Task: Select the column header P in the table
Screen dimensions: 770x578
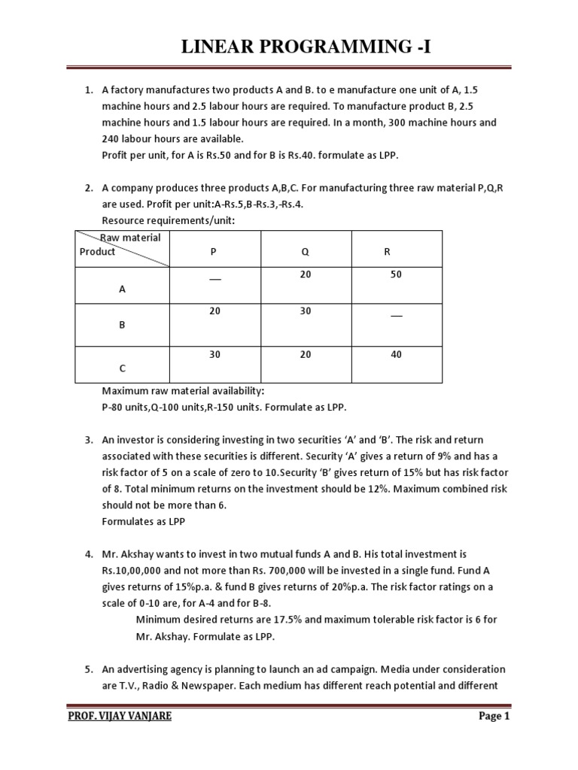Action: tap(214, 252)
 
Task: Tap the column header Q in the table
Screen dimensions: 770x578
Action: tap(305, 252)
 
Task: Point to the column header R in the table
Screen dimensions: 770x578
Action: tap(388, 252)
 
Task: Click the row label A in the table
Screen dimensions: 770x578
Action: tap(122, 288)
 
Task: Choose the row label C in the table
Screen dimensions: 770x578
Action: tap(122, 368)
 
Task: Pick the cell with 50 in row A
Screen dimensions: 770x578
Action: tap(396, 275)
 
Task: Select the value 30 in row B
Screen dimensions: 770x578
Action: tap(305, 311)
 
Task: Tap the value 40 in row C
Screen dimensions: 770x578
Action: tap(396, 355)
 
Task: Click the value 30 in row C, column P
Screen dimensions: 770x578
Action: tap(214, 355)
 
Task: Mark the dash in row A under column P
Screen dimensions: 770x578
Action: tap(214, 278)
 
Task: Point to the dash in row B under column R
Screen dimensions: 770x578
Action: tap(396, 314)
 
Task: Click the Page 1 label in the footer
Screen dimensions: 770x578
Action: tap(494, 716)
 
